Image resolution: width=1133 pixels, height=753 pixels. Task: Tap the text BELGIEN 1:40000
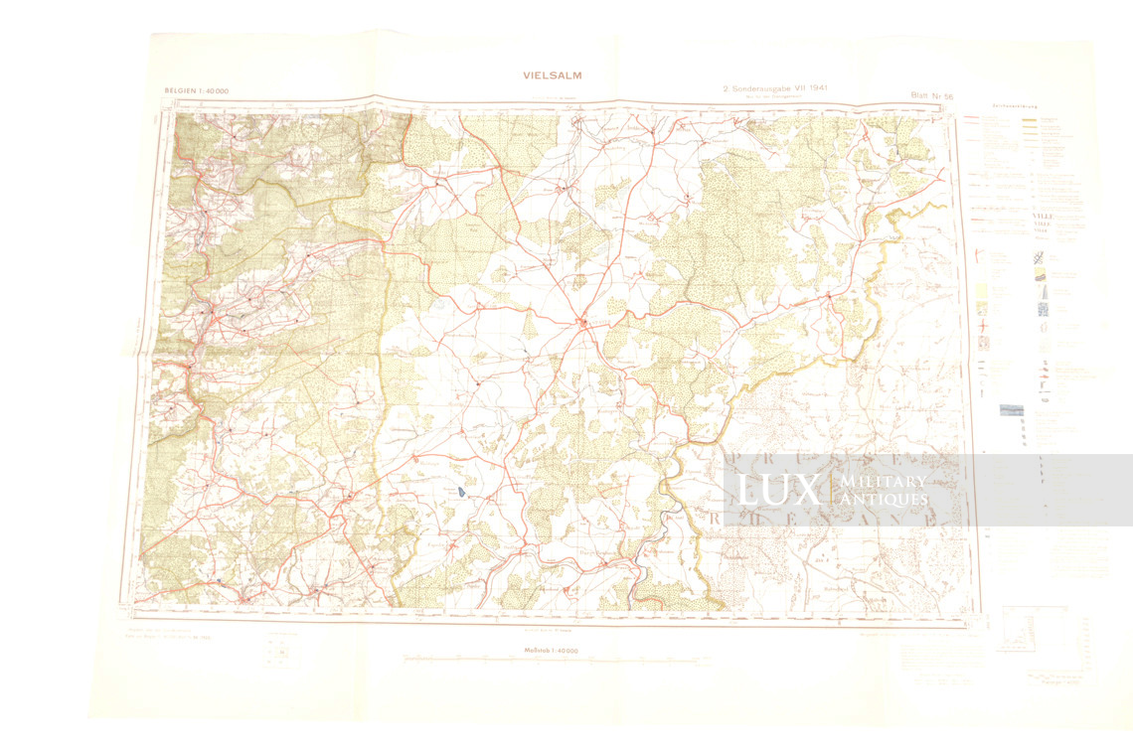pos(196,91)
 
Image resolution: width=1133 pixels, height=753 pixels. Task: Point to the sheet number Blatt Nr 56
pos(931,95)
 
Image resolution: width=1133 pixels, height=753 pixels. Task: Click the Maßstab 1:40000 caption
pos(552,650)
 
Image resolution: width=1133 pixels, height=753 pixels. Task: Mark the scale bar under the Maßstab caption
pos(552,660)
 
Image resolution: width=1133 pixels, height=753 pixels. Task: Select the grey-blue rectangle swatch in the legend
pos(1012,409)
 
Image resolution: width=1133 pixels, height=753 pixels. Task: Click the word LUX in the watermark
pos(778,489)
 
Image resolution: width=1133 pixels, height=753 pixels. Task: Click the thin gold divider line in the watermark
pos(828,490)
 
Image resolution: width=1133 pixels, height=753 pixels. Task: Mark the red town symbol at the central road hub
pos(583,321)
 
